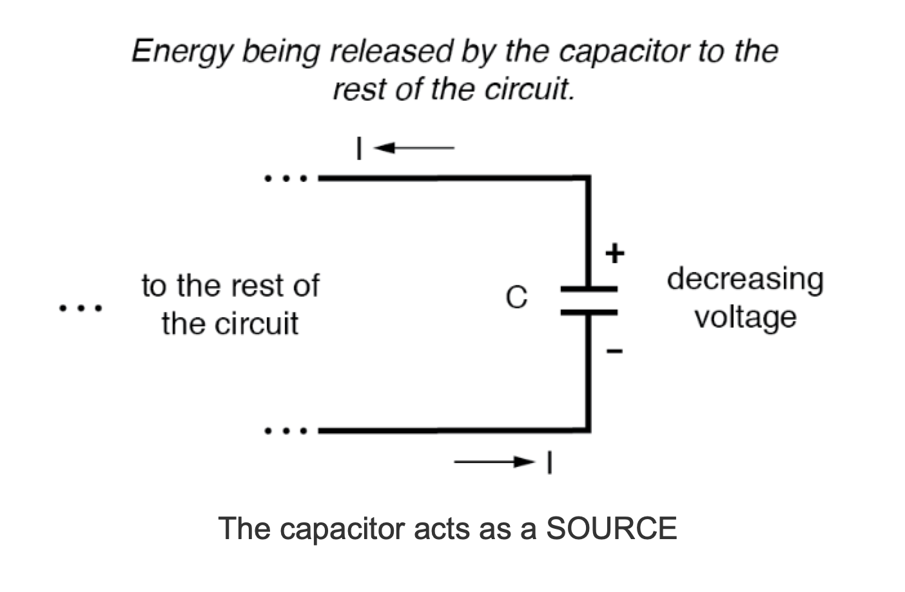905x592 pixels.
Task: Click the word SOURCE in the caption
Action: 611,529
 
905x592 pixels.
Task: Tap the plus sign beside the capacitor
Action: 615,253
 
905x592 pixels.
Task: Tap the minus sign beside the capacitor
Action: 615,352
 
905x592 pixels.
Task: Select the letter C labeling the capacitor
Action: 516,298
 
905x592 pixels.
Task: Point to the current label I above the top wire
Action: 359,149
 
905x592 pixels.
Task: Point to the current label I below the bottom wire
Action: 549,462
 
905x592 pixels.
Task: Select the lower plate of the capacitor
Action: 589,312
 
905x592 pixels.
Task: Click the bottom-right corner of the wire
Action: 587,429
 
